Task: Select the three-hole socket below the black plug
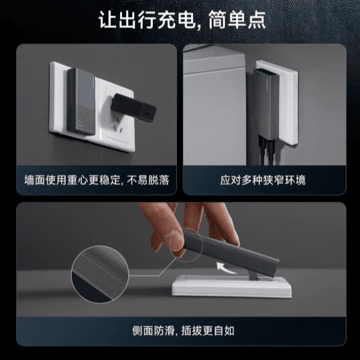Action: coord(122,133)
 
